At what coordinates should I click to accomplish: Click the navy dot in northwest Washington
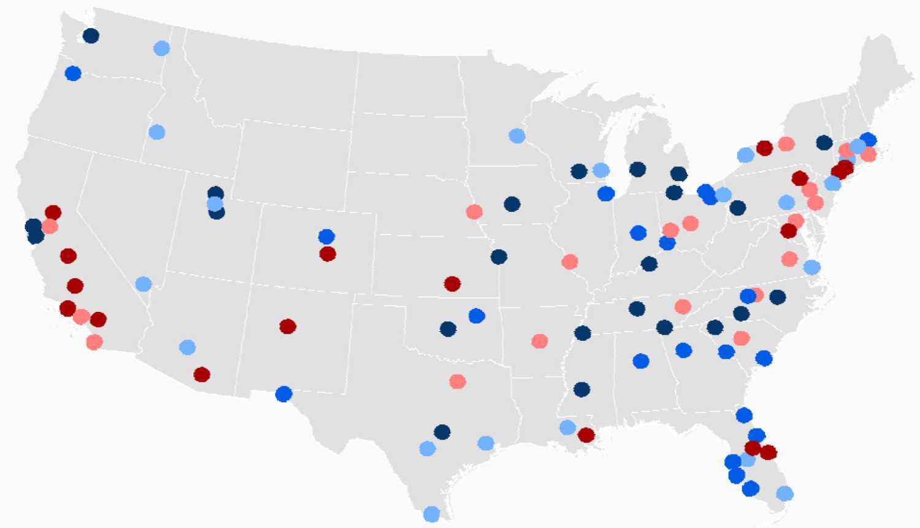coord(91,36)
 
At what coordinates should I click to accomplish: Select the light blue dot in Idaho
coord(157,132)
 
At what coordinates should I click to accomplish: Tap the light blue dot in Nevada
coord(144,284)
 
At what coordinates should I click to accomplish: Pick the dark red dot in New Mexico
coord(288,326)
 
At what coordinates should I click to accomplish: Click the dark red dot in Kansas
coord(452,284)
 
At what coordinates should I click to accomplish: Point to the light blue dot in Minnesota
coord(517,136)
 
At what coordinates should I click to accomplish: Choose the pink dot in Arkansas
coord(540,341)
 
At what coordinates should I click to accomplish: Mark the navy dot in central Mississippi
coord(581,389)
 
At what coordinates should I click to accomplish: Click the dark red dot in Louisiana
coord(586,435)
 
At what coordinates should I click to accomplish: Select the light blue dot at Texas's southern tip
coord(432,513)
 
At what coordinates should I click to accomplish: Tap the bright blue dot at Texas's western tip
coord(283,394)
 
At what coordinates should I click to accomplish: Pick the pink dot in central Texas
coord(458,381)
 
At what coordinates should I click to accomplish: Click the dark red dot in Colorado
coord(328,254)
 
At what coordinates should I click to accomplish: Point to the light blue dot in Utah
coord(215,203)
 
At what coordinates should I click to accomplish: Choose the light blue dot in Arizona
coord(188,347)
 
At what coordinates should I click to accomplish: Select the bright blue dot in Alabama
coord(641,361)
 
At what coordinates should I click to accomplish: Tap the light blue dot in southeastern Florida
coord(784,493)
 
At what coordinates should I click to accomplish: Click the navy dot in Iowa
coord(512,204)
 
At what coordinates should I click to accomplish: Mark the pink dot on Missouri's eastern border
coord(570,262)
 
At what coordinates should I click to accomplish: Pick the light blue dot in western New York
coord(746,155)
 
